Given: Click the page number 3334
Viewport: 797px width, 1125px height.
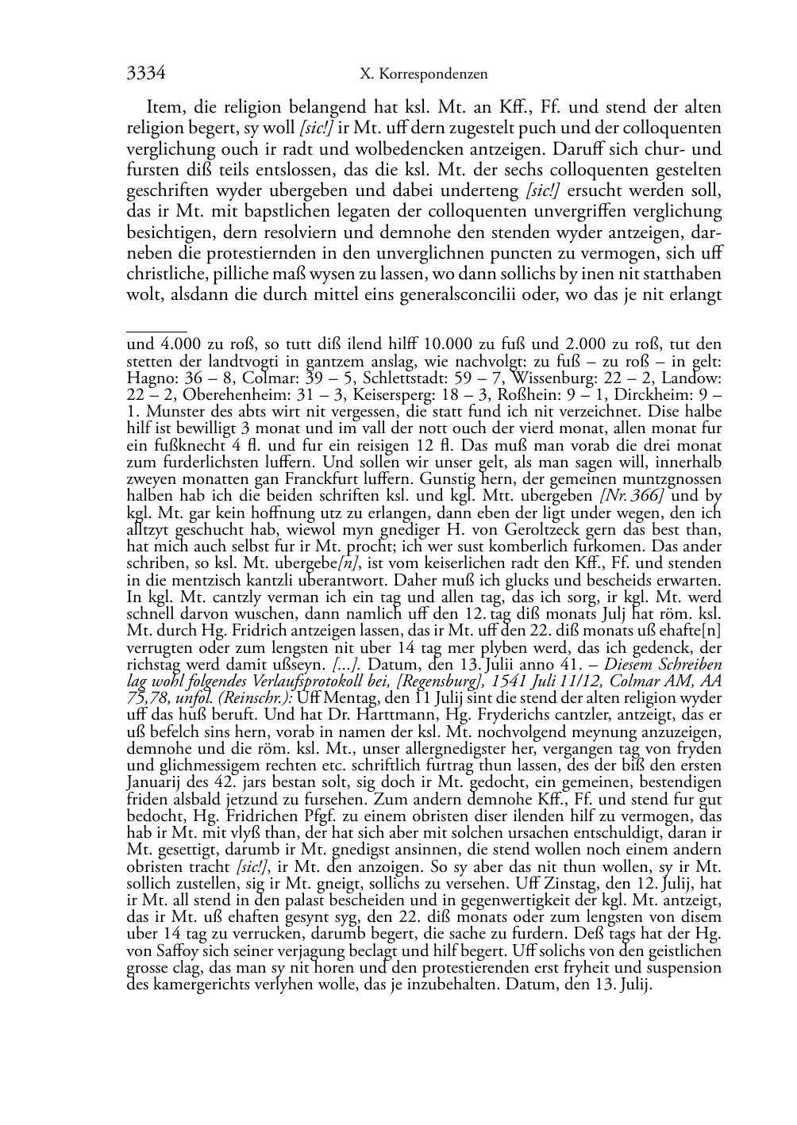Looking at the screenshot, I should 146,74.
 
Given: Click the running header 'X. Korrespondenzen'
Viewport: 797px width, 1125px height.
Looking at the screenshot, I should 424,75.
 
